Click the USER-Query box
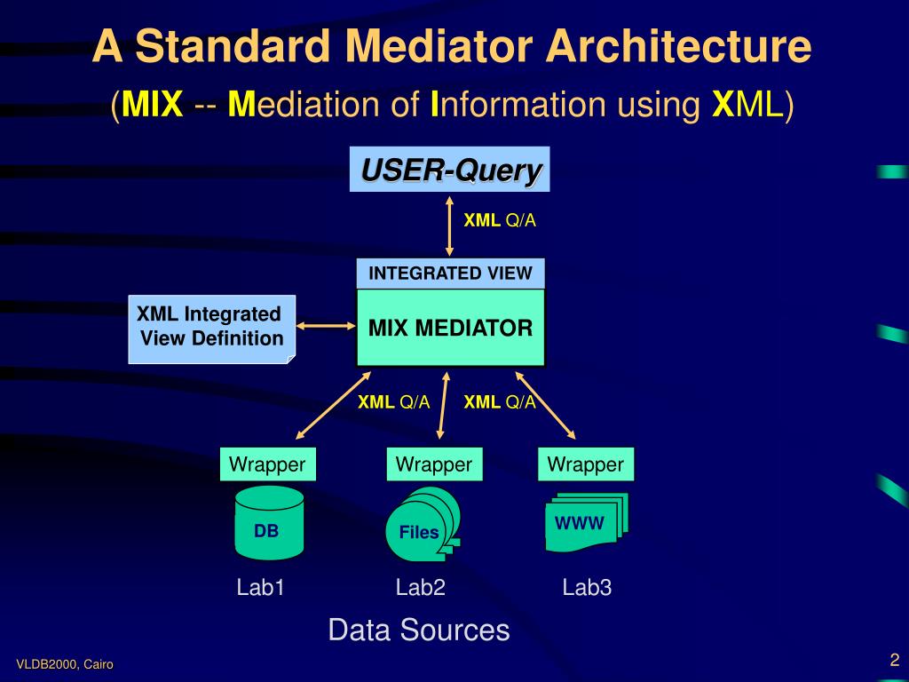tap(450, 169)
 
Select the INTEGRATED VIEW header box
tap(450, 274)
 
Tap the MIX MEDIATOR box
tap(450, 328)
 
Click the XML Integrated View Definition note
tap(211, 328)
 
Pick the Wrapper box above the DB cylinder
tap(267, 464)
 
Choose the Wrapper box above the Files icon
tap(434, 464)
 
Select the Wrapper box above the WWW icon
tap(586, 464)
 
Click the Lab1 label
tap(260, 587)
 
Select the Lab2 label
tap(420, 587)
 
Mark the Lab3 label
tap(587, 587)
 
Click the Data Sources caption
tap(419, 630)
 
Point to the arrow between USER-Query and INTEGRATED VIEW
tap(450, 225)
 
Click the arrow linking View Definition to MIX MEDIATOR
tap(326, 327)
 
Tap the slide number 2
tap(895, 660)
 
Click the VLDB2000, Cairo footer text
tap(65, 665)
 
